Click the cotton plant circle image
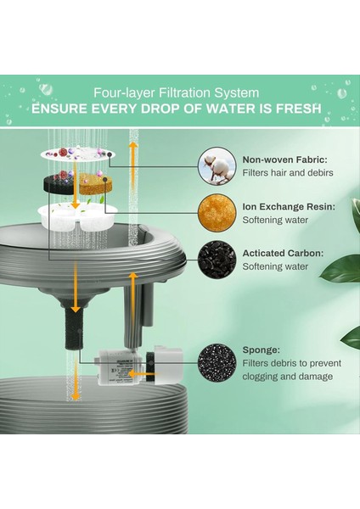(217, 165)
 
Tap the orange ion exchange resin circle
(217, 213)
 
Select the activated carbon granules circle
(217, 260)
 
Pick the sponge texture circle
(217, 362)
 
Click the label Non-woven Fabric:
(285, 159)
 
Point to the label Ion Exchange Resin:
(289, 206)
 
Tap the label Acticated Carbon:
(283, 253)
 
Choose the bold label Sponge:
(261, 350)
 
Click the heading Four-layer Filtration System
(176, 92)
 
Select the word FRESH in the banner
(299, 109)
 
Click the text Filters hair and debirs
(288, 173)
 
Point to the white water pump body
(121, 367)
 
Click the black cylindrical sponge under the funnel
(74, 327)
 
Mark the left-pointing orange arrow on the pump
(146, 374)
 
